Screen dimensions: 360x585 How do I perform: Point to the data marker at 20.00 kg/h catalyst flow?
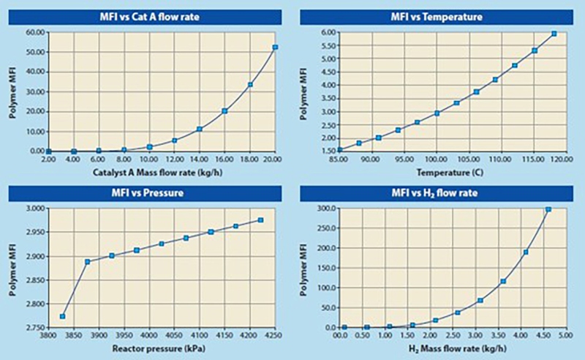[275, 47]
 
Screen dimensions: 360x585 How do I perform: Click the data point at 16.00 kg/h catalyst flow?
[224, 111]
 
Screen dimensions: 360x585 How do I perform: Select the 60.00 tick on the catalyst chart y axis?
[35, 32]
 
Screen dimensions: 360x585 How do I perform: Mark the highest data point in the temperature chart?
[554, 34]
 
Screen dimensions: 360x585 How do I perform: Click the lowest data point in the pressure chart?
[63, 316]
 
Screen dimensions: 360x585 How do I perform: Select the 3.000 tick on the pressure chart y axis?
[35, 209]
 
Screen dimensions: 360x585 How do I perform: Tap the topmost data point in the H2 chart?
[548, 209]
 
